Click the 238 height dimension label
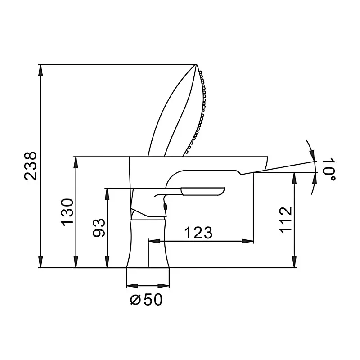pos(30,166)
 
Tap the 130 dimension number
pos(67,212)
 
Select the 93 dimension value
pos(99,228)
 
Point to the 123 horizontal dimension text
pos(198,233)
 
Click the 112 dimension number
pos(285,220)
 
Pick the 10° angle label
pos(330,169)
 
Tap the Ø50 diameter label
pos(146,299)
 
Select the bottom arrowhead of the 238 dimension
pos(41,262)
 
